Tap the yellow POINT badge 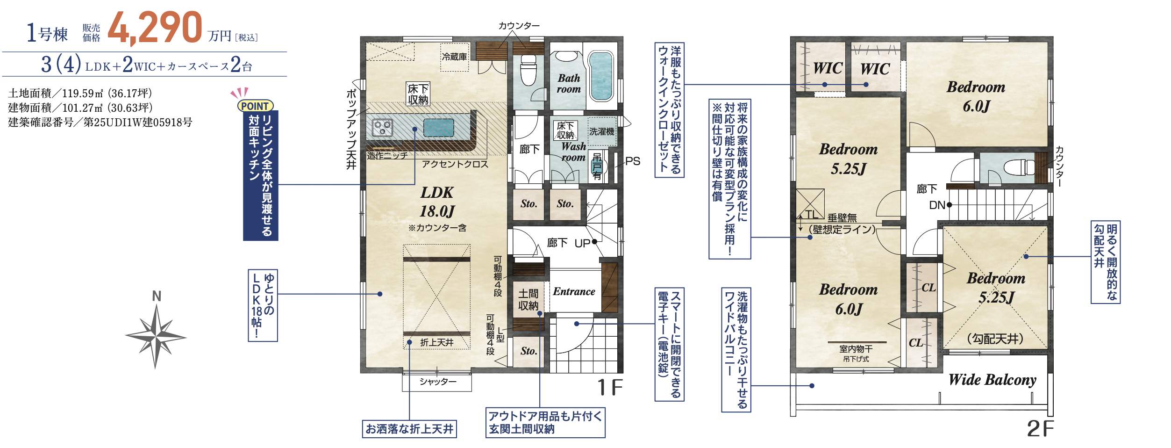[x=255, y=106]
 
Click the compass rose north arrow [x=156, y=336]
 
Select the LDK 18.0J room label [x=437, y=202]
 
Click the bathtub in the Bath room [x=600, y=77]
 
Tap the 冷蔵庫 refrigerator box [x=455, y=57]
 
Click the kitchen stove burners [x=382, y=127]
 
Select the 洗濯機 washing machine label [x=602, y=132]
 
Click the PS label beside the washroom [x=633, y=161]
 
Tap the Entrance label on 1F [x=574, y=292]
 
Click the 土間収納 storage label [x=528, y=300]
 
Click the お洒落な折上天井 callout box [x=409, y=429]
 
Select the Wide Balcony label [x=992, y=380]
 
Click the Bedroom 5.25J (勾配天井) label [x=996, y=288]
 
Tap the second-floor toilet [x=1019, y=167]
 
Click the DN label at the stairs [x=937, y=205]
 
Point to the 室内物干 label [x=856, y=349]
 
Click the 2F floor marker [x=1040, y=429]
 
